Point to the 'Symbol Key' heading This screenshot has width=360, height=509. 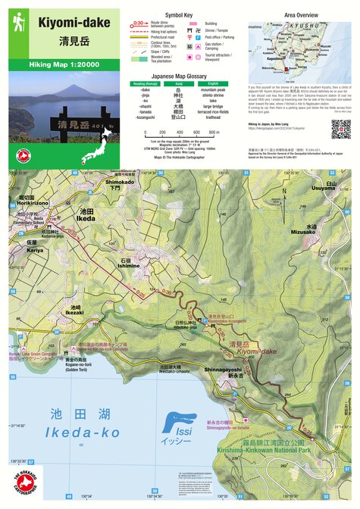(179, 14)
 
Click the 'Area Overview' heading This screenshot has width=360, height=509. (301, 14)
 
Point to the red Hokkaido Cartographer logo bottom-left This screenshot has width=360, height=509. (24, 485)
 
